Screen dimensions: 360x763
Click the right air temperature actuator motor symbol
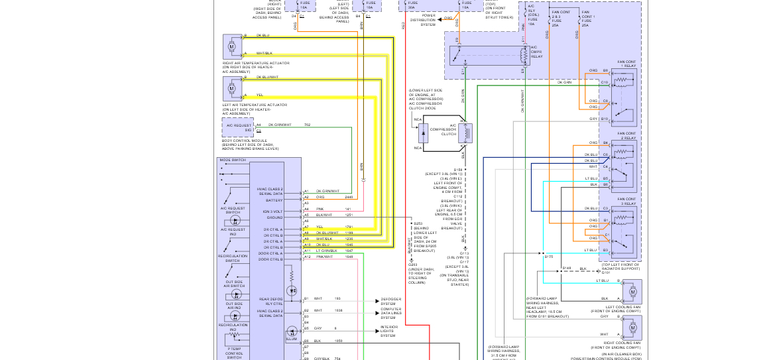[232, 47]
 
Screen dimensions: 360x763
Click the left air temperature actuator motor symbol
[232, 88]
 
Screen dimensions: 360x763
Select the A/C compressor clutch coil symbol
[468, 133]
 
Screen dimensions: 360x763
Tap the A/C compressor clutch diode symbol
[422, 133]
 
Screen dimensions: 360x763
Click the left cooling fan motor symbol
[632, 292]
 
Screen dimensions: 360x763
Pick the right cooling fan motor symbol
[632, 327]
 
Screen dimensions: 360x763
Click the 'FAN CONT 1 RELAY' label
[626, 64]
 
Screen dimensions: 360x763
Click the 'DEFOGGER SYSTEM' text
[390, 302]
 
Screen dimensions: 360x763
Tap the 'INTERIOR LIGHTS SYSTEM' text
[390, 331]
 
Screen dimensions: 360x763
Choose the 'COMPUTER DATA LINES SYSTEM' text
[392, 313]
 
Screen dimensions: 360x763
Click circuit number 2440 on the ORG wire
[349, 197]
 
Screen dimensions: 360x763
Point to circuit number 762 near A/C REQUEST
[307, 125]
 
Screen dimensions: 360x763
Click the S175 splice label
[548, 257]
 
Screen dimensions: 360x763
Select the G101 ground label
[605, 272]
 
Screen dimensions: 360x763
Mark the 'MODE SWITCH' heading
[233, 160]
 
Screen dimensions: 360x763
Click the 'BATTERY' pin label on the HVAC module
[274, 200]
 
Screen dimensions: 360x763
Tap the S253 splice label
[418, 223]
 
